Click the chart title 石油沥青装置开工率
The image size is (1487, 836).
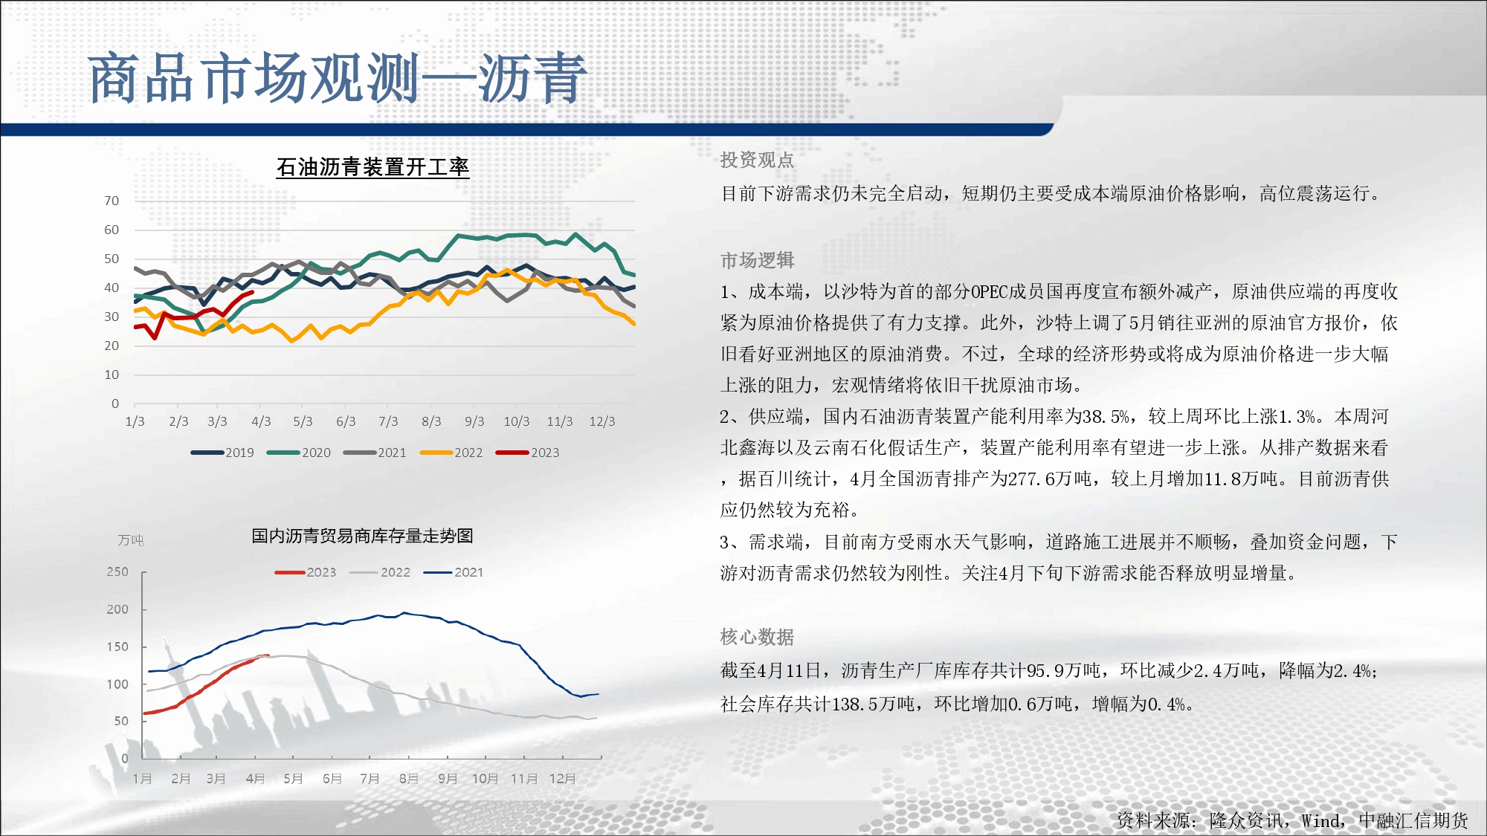(x=372, y=167)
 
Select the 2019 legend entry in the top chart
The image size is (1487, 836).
(x=222, y=453)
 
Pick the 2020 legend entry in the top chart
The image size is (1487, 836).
(x=299, y=453)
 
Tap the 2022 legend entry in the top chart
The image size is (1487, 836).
(x=451, y=453)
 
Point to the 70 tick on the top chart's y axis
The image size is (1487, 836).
(x=112, y=201)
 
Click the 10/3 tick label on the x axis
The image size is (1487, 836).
(x=517, y=421)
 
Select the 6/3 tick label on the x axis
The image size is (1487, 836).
(x=346, y=421)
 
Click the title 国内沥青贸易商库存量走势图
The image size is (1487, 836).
(x=362, y=536)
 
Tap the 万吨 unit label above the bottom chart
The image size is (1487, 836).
(x=131, y=540)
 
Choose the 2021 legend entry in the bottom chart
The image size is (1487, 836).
(x=454, y=572)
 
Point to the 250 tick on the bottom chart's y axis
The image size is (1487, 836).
(x=117, y=571)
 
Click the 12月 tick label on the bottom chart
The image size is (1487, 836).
(x=563, y=779)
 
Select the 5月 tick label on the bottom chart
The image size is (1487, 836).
(x=293, y=779)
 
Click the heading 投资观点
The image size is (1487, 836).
(x=757, y=160)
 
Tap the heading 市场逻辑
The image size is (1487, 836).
(x=757, y=260)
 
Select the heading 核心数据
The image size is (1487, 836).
(x=757, y=637)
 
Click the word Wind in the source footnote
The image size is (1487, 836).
(x=1320, y=820)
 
